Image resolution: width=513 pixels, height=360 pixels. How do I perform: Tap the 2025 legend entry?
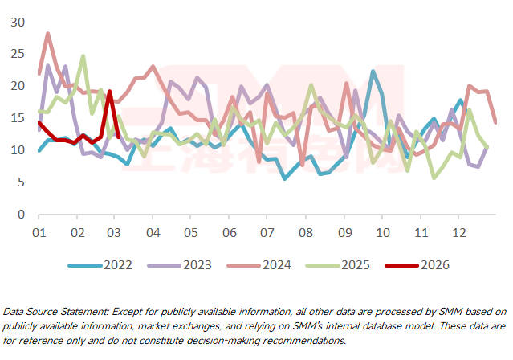click(368, 264)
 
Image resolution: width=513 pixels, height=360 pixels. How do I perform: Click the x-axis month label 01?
click(38, 232)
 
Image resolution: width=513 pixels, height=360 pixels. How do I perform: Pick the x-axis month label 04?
click(152, 232)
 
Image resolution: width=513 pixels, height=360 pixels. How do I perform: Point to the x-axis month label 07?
click(267, 232)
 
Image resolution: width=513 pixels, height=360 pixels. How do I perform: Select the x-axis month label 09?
click(344, 232)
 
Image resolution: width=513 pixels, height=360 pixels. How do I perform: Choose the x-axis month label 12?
click(459, 232)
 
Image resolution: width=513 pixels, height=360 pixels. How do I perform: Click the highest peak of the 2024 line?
click(48, 34)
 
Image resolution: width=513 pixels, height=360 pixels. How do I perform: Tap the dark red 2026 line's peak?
click(110, 92)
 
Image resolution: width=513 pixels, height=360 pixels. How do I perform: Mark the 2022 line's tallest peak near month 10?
click(373, 72)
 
